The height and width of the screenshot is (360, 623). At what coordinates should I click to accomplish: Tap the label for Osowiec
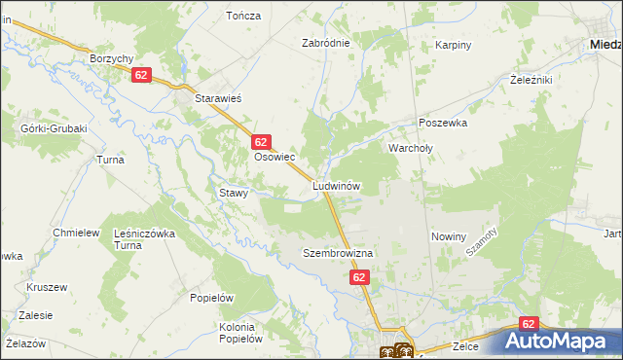(x=274, y=157)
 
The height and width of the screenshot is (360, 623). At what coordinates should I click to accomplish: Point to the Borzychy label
(x=111, y=58)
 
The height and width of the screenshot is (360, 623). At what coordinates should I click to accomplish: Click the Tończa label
(x=242, y=16)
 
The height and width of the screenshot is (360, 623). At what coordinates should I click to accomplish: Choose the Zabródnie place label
(x=325, y=44)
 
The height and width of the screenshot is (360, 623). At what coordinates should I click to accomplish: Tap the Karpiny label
(x=453, y=45)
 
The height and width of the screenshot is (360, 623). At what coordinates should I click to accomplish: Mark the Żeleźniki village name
(x=531, y=81)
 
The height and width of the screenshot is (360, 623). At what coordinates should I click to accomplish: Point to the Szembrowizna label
(x=338, y=253)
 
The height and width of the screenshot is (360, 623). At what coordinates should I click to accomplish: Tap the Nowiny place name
(x=449, y=236)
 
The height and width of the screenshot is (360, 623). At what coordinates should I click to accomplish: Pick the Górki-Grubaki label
(x=55, y=128)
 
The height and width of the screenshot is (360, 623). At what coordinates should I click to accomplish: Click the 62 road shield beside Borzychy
(x=142, y=76)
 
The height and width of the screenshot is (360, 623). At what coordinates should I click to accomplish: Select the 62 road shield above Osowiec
(x=260, y=142)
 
